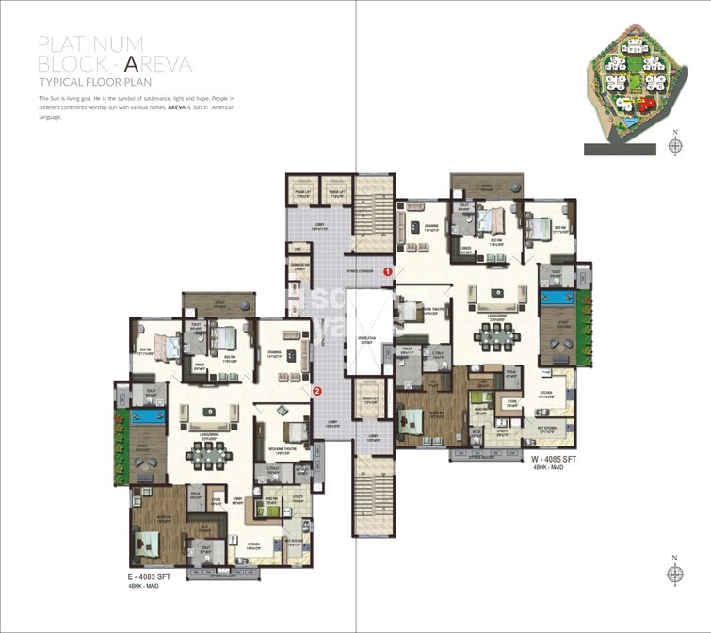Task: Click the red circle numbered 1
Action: click(x=387, y=272)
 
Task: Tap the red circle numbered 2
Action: click(x=317, y=390)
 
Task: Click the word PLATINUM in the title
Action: click(x=90, y=44)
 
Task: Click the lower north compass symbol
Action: click(x=674, y=575)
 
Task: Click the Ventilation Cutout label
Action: click(x=367, y=341)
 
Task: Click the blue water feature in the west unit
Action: click(x=557, y=300)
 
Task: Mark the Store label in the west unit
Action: click(x=512, y=406)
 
